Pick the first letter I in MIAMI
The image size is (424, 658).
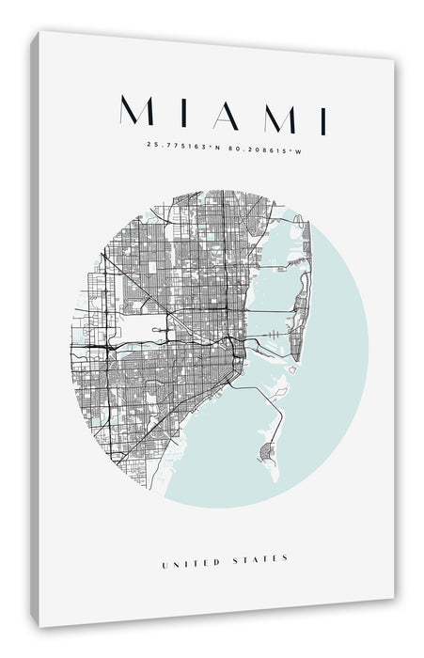pyautogui.click(x=179, y=115)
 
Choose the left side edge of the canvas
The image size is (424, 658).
pyautogui.click(x=36, y=329)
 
